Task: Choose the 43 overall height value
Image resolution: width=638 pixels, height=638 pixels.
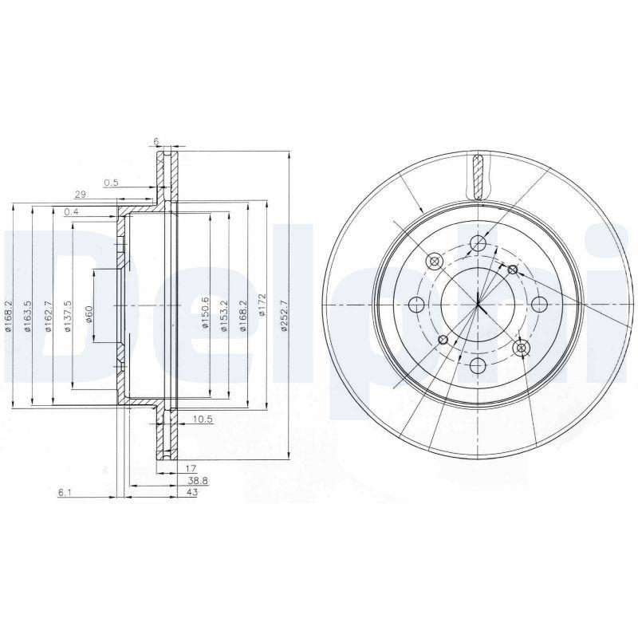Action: tap(192, 494)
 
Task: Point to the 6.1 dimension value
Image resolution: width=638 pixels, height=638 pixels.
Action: tap(65, 494)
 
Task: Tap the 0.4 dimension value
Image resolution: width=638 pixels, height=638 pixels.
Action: tap(71, 211)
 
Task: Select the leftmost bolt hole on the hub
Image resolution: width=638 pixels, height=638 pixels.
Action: tap(415, 304)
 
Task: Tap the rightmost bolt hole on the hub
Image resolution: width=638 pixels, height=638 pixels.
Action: tap(539, 304)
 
